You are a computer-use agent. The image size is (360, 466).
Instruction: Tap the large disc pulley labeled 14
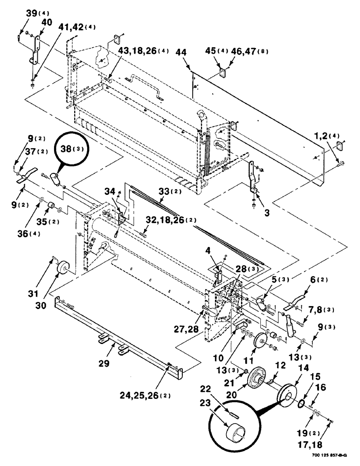[285, 389]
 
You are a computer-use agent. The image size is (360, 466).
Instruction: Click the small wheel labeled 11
[259, 345]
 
